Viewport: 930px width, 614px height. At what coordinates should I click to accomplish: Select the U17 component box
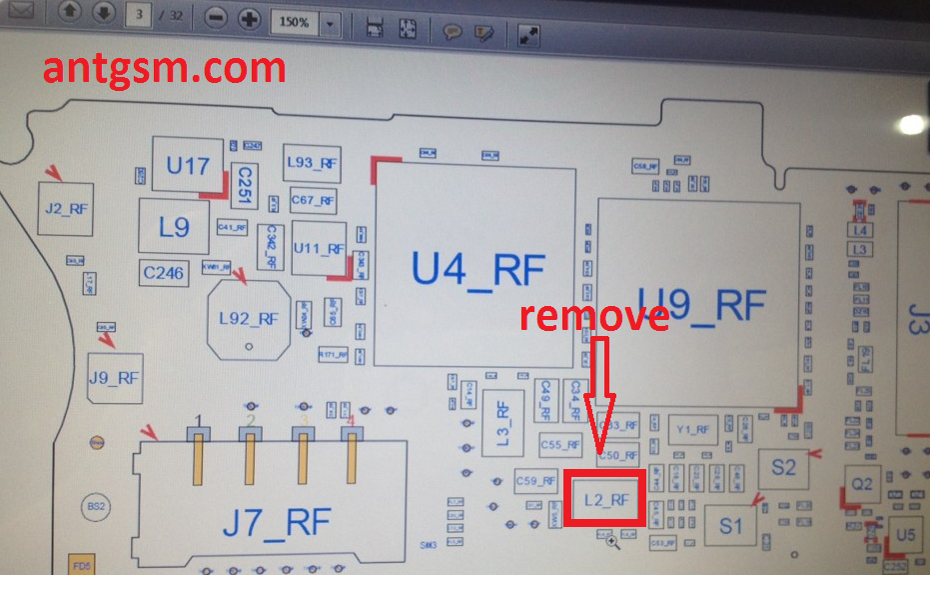pyautogui.click(x=187, y=165)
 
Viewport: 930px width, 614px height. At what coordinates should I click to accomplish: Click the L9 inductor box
pyautogui.click(x=174, y=227)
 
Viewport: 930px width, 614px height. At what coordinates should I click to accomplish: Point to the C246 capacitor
pyautogui.click(x=164, y=272)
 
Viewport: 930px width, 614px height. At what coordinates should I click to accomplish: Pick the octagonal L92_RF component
pyautogui.click(x=249, y=318)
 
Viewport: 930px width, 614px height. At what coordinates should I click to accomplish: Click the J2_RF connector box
pyautogui.click(x=66, y=210)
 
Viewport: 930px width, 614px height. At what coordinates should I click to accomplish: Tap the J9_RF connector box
pyautogui.click(x=114, y=377)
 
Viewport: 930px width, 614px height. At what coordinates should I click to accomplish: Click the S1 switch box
pyautogui.click(x=731, y=524)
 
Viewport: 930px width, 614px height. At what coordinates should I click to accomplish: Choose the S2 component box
pyautogui.click(x=783, y=467)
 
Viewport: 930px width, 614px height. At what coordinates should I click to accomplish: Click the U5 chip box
pyautogui.click(x=904, y=535)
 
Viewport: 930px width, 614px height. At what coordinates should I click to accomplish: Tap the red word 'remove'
pyautogui.click(x=594, y=316)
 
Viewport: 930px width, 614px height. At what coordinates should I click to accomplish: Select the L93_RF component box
pyautogui.click(x=312, y=162)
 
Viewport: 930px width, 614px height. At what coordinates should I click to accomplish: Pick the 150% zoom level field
pyautogui.click(x=295, y=21)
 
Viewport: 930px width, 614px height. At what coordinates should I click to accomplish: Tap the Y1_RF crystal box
pyautogui.click(x=692, y=430)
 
